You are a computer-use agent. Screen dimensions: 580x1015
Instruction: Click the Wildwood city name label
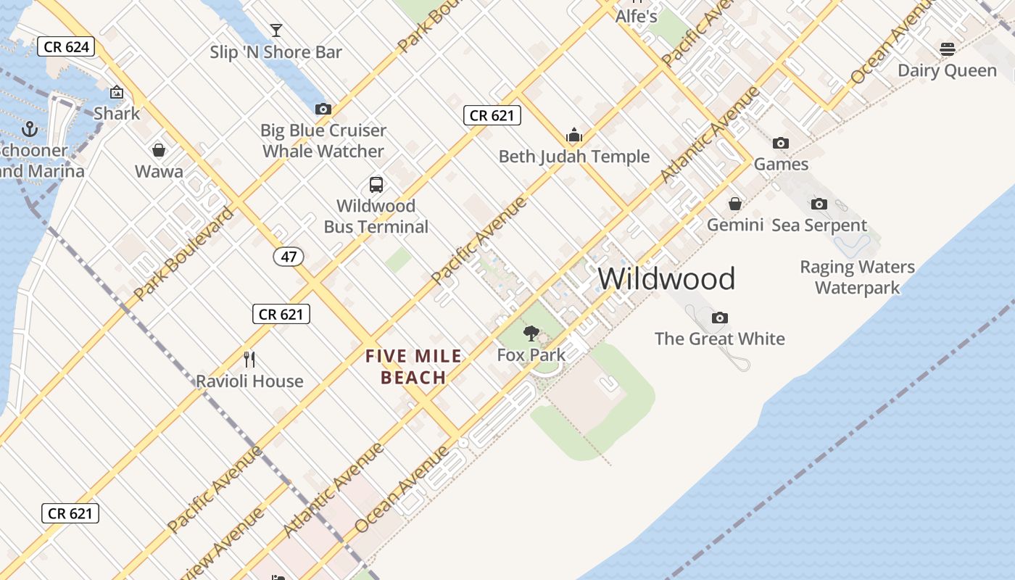[x=666, y=279]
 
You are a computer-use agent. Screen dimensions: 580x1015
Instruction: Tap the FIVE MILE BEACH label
[x=413, y=367]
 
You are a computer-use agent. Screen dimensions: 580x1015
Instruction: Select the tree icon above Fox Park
[x=531, y=333]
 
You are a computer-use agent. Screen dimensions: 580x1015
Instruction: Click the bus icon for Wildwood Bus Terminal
[x=376, y=184]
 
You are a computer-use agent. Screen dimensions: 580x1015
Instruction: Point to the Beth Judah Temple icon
[x=574, y=135]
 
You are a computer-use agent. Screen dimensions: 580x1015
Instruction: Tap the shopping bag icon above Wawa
[x=159, y=150]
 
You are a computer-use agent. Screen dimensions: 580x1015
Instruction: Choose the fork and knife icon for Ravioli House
[x=249, y=360]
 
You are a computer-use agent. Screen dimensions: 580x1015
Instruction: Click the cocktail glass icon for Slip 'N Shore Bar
[x=276, y=30]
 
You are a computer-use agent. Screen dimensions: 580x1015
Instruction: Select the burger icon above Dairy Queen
[x=947, y=49]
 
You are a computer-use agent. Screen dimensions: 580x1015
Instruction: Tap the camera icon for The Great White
[x=719, y=318]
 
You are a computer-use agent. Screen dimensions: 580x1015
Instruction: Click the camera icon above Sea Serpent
[x=819, y=204]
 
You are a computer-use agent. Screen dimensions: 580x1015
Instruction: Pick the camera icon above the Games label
[x=781, y=143]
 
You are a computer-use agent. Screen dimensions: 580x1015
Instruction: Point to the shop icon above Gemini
[x=735, y=204]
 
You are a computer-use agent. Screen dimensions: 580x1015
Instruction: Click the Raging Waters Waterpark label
[x=857, y=277]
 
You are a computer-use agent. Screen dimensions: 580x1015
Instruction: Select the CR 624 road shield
[x=66, y=47]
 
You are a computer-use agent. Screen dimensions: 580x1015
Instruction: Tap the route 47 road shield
[x=289, y=257]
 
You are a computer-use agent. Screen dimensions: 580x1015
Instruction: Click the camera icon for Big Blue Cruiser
[x=323, y=109]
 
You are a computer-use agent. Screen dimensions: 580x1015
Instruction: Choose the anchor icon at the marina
[x=30, y=129]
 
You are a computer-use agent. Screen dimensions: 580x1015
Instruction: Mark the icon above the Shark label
[x=116, y=92]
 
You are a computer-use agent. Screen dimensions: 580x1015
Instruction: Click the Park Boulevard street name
[x=184, y=254]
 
